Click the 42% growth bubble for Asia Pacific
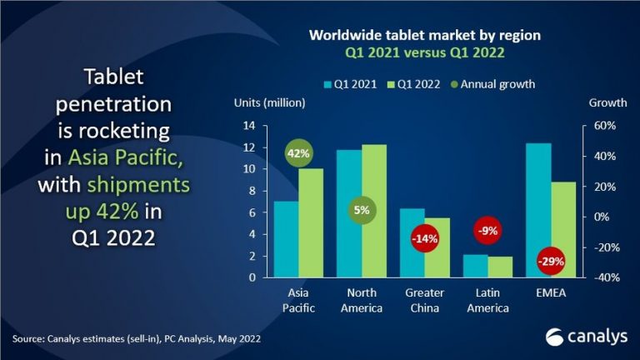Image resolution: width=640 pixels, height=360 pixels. pos(299,155)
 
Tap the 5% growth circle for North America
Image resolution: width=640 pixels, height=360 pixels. pos(362,210)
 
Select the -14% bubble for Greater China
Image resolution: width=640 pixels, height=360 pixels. pos(425,239)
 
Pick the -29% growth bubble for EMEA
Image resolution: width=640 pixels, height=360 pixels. pos(551,262)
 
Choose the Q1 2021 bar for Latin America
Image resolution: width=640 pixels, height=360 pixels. pos(475,266)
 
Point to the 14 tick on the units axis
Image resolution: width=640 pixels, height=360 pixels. pos(248,126)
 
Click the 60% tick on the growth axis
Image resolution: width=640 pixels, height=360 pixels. pos(602,126)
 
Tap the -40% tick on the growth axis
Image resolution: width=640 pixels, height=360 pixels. pos(602,277)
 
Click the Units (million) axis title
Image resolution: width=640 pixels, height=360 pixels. pos(263,102)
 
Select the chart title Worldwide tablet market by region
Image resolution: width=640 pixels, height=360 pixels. pos(425,36)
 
